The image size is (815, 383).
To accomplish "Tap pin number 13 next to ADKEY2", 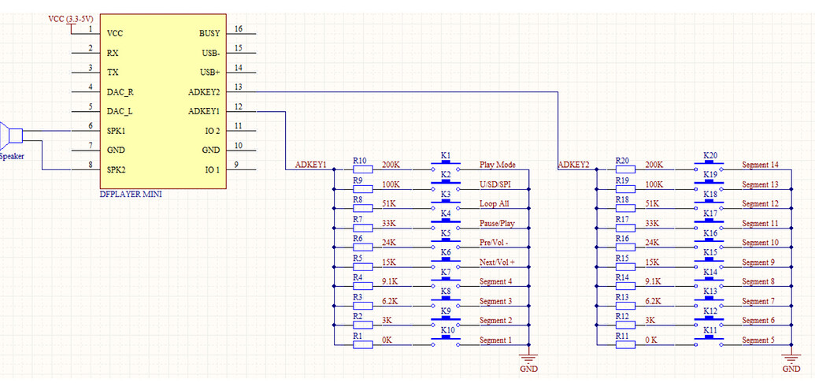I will click(239, 87).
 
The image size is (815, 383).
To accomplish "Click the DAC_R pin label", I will click(120, 91).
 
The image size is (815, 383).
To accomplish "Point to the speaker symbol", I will click(9, 136).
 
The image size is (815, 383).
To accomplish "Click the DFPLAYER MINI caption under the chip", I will click(131, 194).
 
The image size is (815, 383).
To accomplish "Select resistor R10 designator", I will click(361, 160).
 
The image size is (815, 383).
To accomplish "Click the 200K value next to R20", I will click(654, 165).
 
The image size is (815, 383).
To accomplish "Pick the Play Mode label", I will click(497, 165).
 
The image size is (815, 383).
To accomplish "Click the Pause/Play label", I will click(497, 224).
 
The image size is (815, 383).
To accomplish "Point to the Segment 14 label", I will click(760, 165).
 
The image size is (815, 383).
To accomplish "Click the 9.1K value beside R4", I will click(391, 281).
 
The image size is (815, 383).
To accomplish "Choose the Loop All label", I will click(494, 204).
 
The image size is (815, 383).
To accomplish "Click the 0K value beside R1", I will click(388, 340).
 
